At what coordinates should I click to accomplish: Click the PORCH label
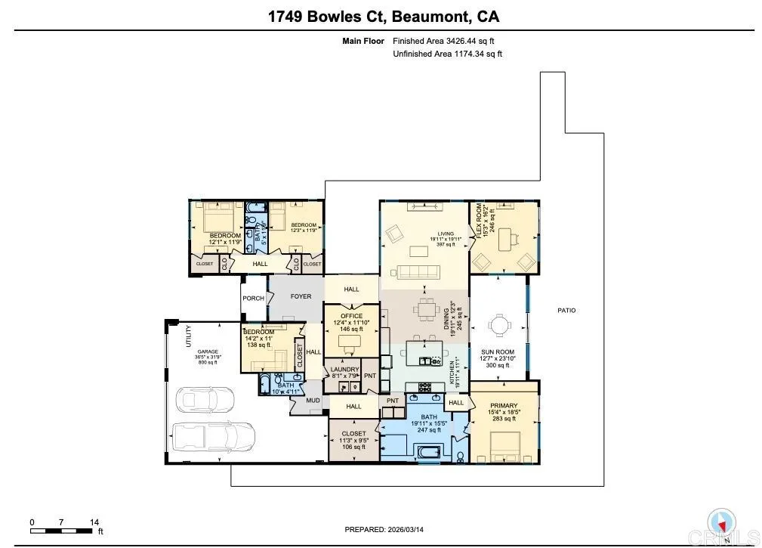click(x=253, y=298)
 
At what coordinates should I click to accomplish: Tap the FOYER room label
click(x=301, y=296)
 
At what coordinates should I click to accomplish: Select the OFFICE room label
click(x=351, y=316)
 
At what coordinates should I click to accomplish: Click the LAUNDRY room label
click(x=345, y=370)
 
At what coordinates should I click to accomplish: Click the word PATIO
click(x=566, y=310)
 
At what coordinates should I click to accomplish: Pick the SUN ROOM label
click(x=498, y=352)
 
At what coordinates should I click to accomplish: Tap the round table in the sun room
click(x=499, y=325)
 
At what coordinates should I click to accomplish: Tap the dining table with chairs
click(x=427, y=309)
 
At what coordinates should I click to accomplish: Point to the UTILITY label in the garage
click(x=188, y=336)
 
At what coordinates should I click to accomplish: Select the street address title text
click(x=384, y=16)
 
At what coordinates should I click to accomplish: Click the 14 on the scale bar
click(x=94, y=522)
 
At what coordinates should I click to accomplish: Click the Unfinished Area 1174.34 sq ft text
click(x=448, y=54)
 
